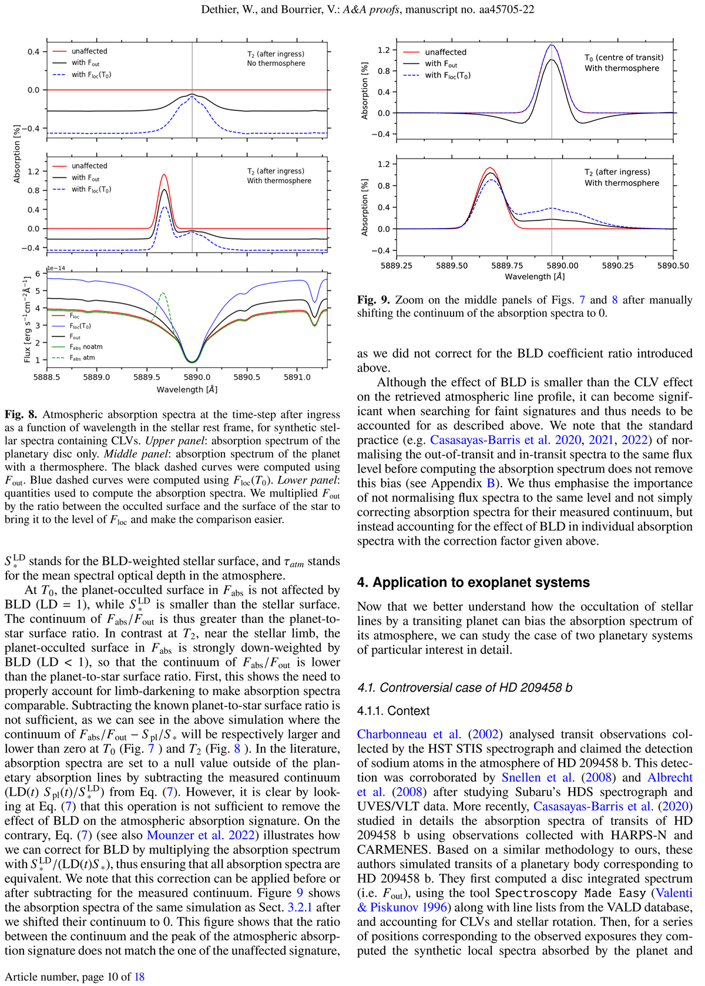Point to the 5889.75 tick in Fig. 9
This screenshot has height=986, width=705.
(507, 266)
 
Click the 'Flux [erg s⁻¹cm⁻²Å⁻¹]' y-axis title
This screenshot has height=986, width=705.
(27, 318)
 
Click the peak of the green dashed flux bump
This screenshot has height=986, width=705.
(163, 293)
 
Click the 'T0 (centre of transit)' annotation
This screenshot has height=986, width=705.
(623, 58)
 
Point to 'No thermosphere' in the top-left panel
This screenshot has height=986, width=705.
(276, 63)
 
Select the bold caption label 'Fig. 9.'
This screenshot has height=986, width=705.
(374, 300)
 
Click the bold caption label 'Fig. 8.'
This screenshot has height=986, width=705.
(21, 415)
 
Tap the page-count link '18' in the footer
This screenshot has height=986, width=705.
(139, 977)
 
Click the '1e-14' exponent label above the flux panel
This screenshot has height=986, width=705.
(56, 269)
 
